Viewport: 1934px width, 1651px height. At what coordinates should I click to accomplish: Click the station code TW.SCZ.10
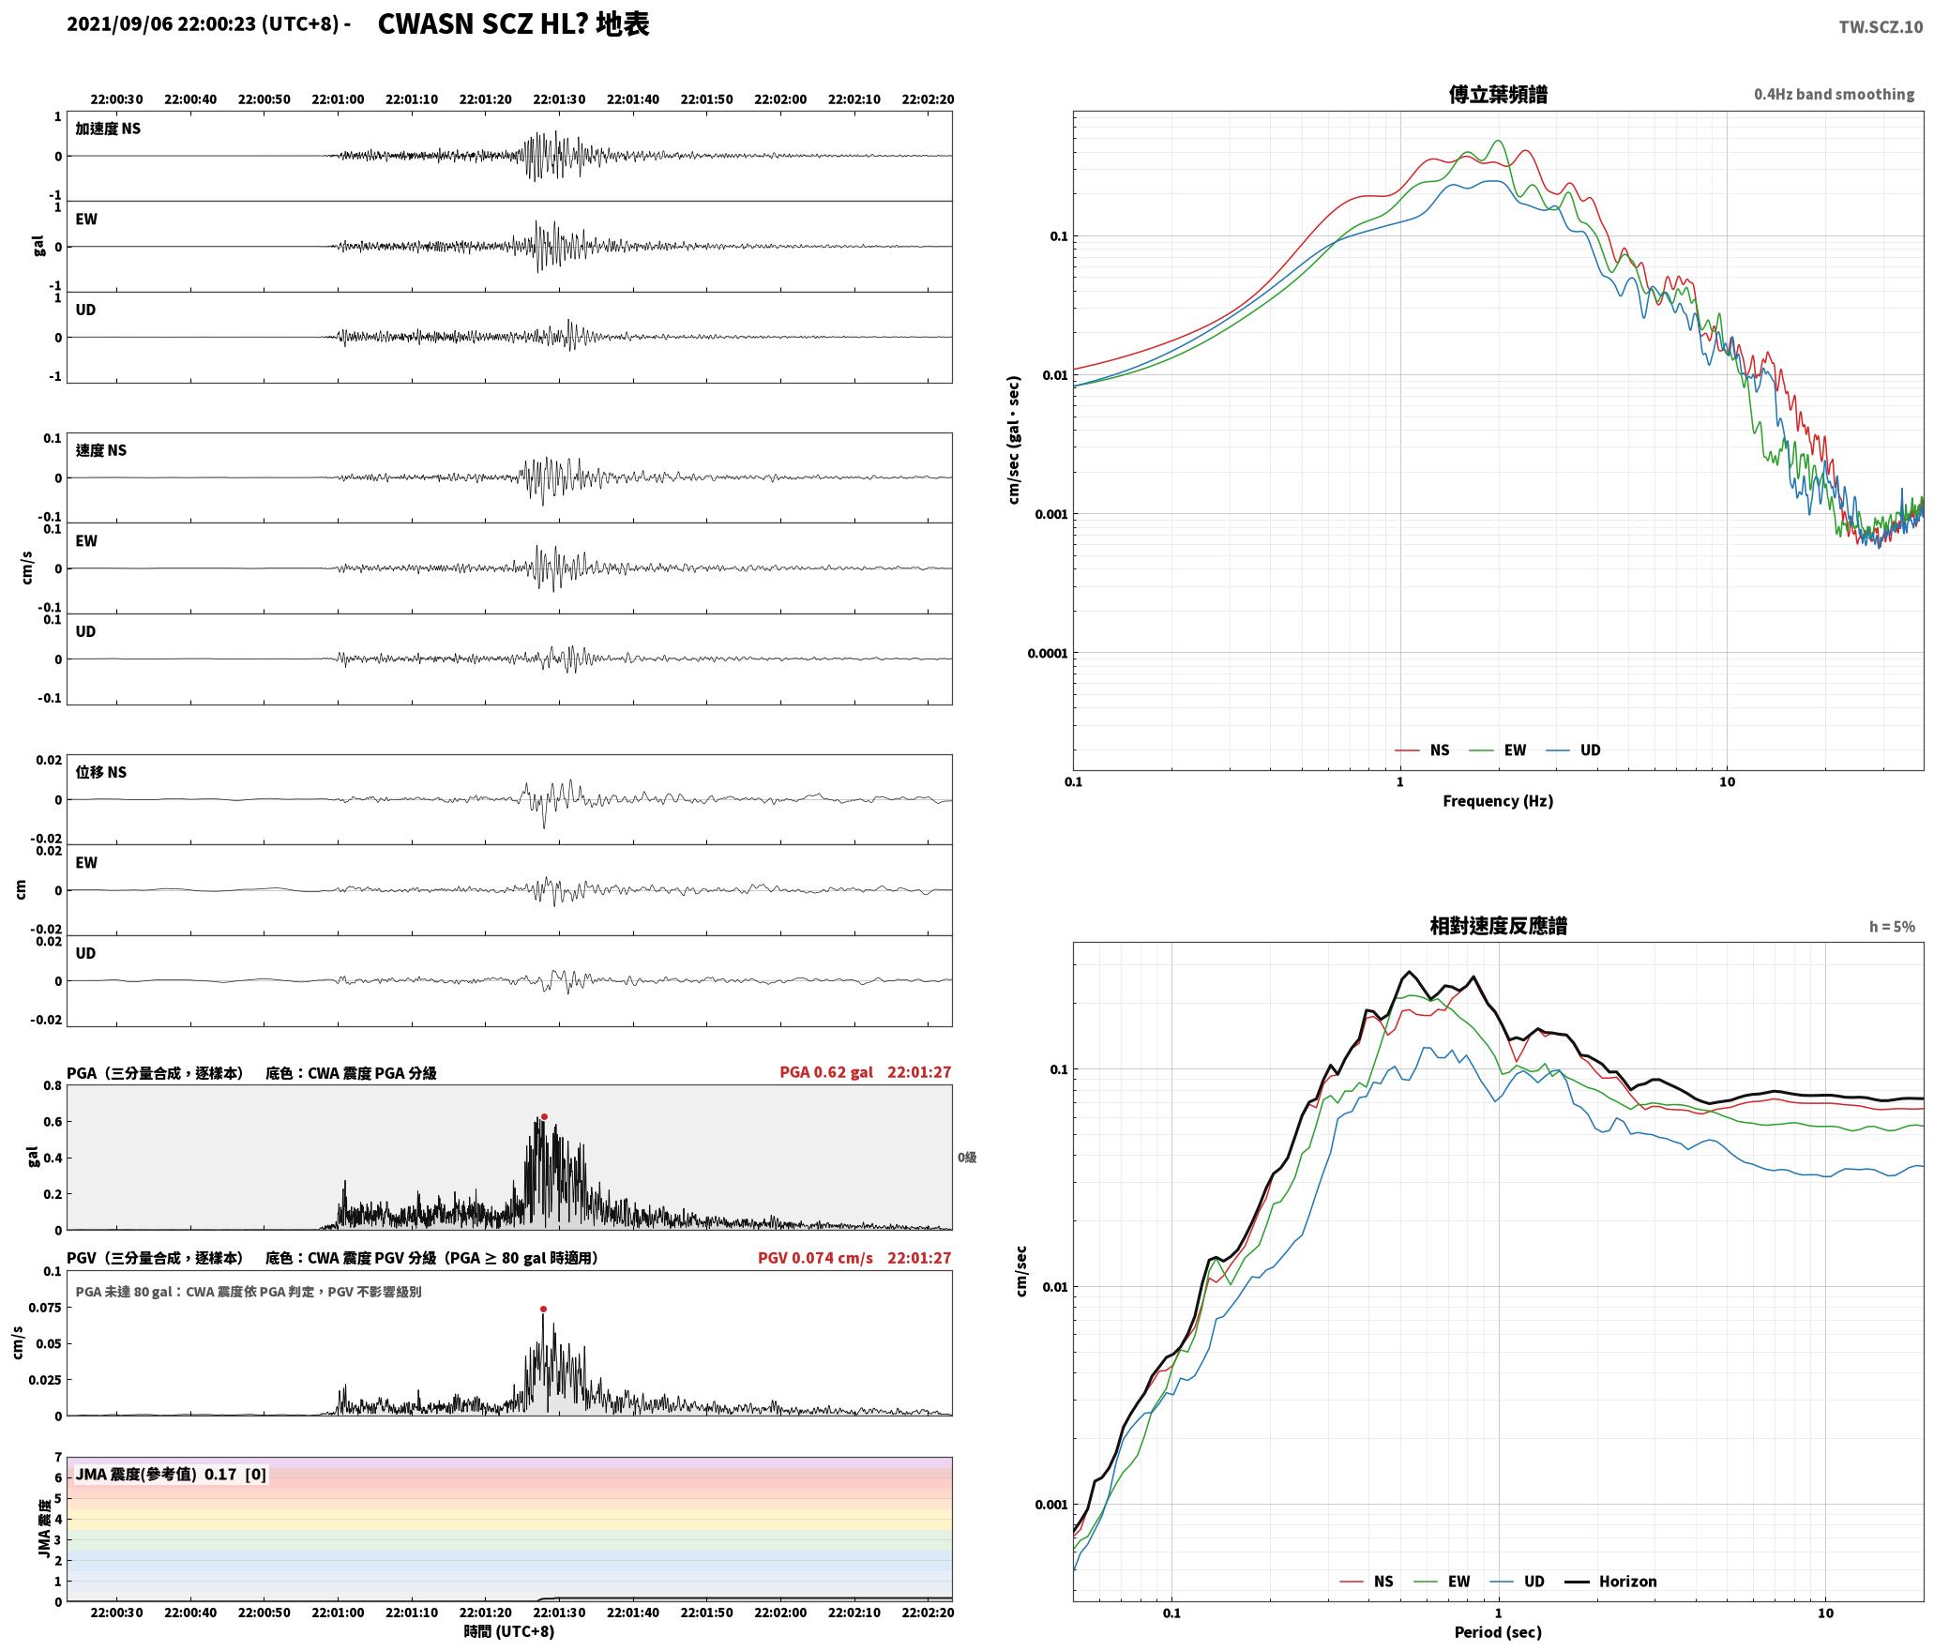pos(1881,27)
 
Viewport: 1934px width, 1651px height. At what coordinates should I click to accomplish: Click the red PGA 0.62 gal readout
pos(825,1072)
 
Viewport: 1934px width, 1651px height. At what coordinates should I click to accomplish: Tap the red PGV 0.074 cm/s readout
pos(815,1258)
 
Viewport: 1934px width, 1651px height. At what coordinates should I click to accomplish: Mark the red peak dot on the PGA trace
pos(544,1117)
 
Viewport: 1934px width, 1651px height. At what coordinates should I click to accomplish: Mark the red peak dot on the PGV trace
pos(543,1310)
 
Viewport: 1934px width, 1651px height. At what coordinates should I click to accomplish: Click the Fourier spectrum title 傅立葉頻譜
pos(1498,95)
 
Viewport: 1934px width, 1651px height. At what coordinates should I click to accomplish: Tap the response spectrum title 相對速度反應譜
pos(1498,926)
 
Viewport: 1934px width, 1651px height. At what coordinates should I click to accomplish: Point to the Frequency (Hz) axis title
pos(1498,801)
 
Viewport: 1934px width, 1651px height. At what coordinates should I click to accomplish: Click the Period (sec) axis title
pos(1498,1632)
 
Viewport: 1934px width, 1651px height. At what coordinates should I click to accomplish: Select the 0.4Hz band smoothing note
pos(1834,95)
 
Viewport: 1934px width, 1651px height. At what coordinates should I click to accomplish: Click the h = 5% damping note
pos(1892,927)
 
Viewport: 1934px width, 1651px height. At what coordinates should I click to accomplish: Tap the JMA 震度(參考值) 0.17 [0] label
pos(171,1475)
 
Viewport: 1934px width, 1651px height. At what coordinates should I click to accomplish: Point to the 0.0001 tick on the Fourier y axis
pos(1047,653)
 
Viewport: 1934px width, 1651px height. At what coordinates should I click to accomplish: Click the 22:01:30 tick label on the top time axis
pos(559,99)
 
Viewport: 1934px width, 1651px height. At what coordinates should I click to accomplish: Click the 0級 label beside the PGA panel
pos(967,1158)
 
